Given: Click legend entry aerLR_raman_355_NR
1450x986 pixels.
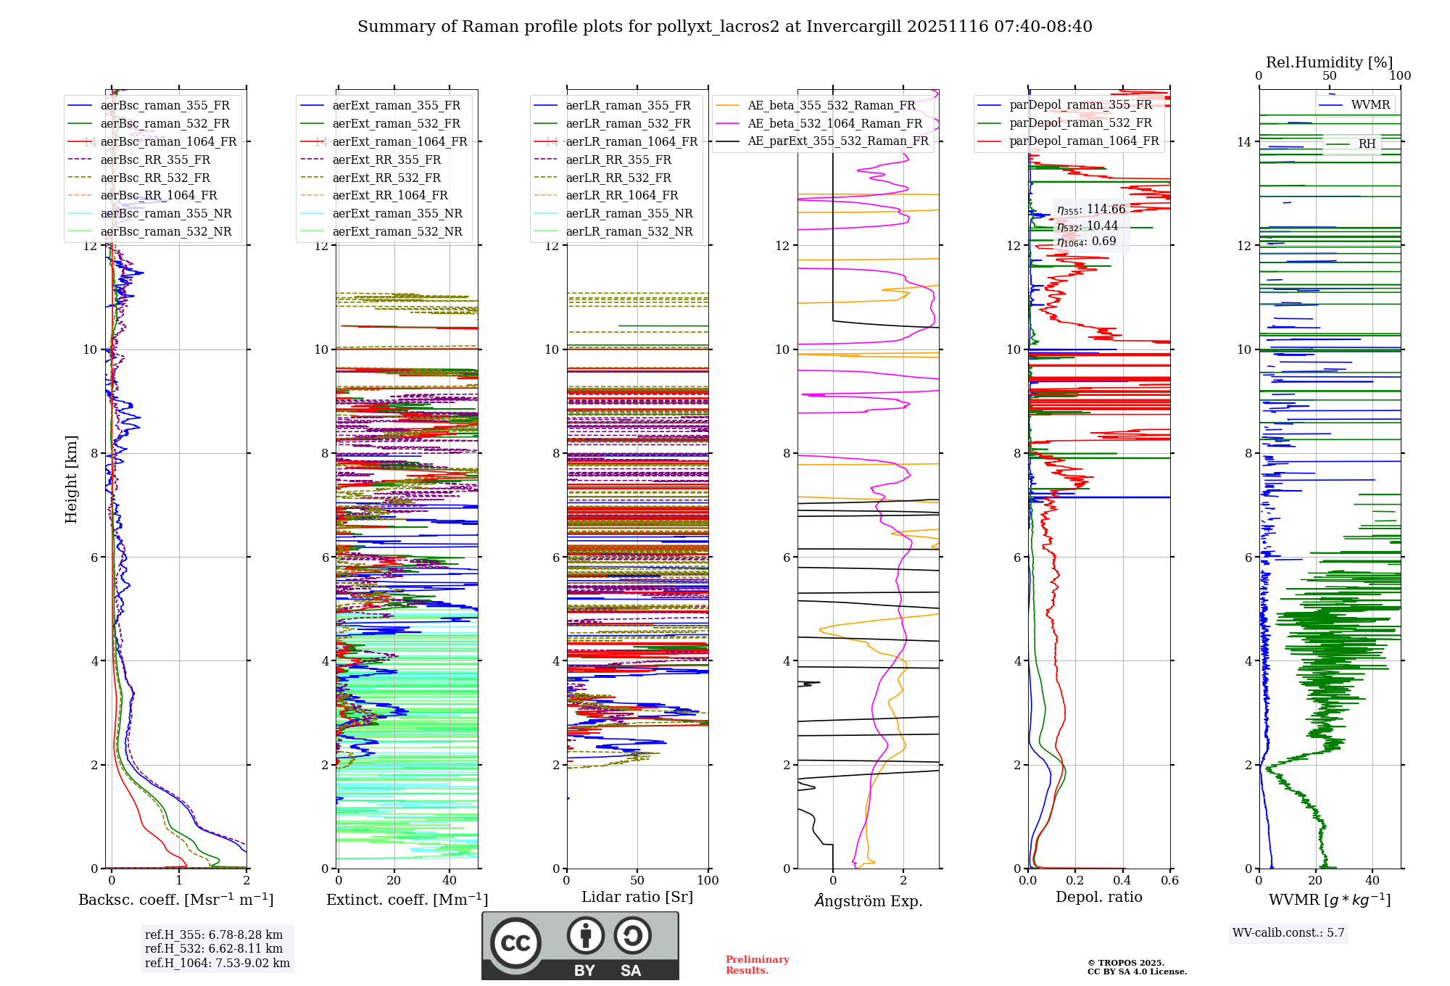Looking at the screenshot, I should coord(629,213).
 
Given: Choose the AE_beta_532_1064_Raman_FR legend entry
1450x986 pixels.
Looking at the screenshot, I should coord(834,123).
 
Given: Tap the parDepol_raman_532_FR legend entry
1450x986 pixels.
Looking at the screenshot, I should coord(1080,123).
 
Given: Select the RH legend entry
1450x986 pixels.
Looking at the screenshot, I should coord(1367,144).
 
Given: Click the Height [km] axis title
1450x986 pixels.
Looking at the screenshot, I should coord(71,478).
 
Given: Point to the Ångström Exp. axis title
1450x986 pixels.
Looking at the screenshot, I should coord(868,900).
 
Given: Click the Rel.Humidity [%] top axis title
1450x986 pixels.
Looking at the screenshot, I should coord(1329,62).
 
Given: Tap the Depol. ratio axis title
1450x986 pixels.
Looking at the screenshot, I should coord(1098,897).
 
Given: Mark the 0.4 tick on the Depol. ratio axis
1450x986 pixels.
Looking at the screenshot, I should coord(1122,880).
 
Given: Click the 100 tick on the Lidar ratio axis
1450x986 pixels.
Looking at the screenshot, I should coord(708,880).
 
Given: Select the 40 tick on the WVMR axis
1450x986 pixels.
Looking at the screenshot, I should coord(1372,880).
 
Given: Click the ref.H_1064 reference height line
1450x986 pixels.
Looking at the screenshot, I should coord(217,963).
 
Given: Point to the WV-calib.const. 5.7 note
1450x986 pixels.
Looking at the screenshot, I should coord(1288,932).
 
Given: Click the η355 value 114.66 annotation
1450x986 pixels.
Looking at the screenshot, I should coord(1091,210).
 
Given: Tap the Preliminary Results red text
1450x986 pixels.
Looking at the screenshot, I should coord(757,964).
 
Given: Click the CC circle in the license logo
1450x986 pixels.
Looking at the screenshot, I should coord(515,942).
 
